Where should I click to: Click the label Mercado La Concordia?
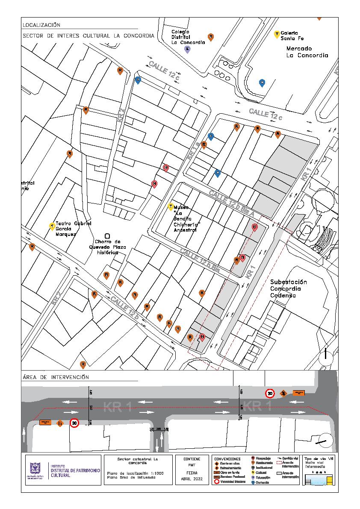click(x=307, y=52)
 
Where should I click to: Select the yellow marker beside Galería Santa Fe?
click(x=277, y=34)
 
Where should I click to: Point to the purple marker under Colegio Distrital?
click(x=187, y=49)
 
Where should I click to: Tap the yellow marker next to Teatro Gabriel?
click(x=52, y=226)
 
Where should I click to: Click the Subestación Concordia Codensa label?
click(x=289, y=289)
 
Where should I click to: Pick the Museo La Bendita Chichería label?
click(x=185, y=218)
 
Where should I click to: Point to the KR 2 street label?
click(x=121, y=117)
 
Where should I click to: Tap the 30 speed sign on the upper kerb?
click(x=270, y=393)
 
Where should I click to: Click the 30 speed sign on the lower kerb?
click(x=74, y=423)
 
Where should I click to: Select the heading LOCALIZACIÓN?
click(x=41, y=25)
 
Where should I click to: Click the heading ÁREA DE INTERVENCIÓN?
click(x=55, y=377)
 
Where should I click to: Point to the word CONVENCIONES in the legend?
click(x=227, y=459)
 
